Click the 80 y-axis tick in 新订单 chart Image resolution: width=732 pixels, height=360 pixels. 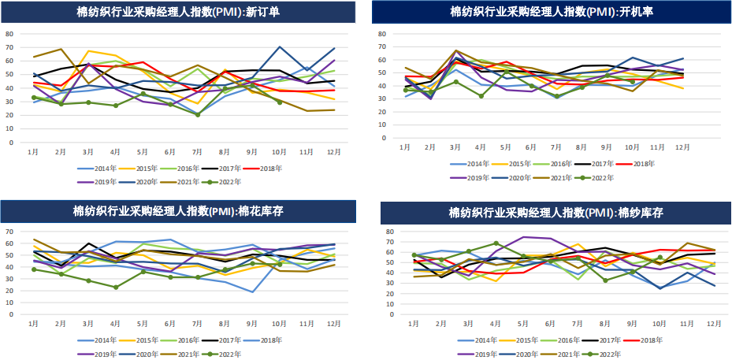tap(9, 34)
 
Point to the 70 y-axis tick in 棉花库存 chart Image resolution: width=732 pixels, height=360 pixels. tap(9, 232)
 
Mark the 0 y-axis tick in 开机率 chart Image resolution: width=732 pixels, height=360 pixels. tap(381, 134)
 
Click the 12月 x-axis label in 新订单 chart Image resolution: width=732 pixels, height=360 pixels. tap(334, 150)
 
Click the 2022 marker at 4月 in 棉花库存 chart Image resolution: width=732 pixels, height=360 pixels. tap(116, 288)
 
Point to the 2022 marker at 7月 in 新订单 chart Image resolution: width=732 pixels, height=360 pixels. tap(197, 115)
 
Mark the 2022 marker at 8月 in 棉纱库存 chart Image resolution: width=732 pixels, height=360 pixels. tap(605, 280)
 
